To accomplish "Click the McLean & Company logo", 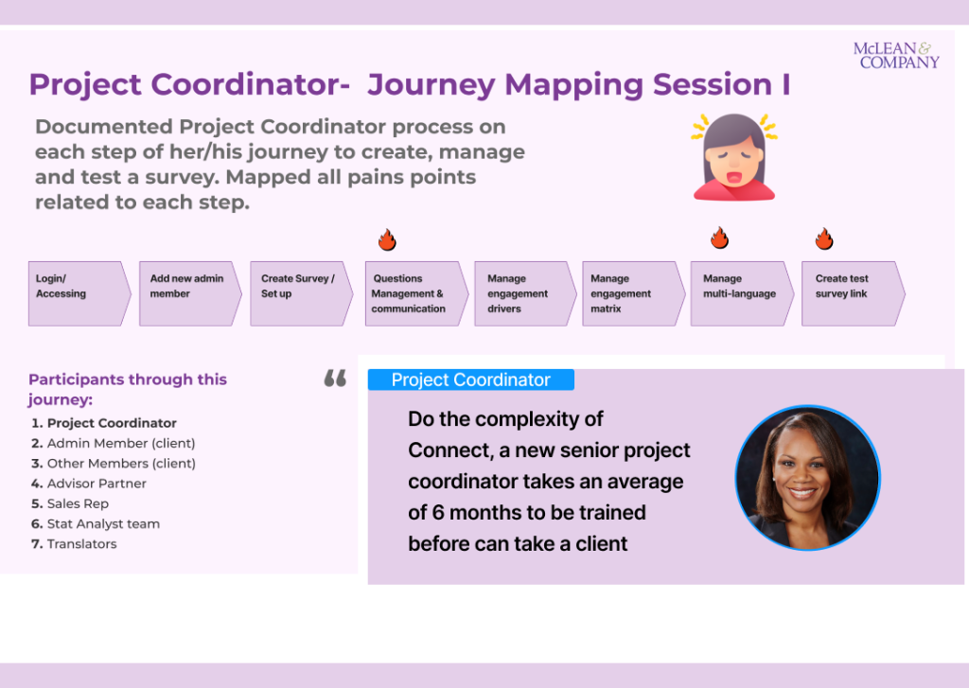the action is point(896,55).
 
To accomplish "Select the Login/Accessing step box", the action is point(79,293).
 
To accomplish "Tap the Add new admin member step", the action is point(190,293).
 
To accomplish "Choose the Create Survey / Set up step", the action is point(302,293).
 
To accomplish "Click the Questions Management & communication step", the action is point(417,293).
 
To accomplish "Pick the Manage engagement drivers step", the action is point(525,293).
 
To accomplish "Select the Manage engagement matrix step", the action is point(633,293).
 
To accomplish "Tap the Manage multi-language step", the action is point(742,293).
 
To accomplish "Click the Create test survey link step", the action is point(854,293).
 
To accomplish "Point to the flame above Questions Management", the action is point(387,239).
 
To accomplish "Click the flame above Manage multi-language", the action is point(719,238).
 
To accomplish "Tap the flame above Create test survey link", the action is point(824,238).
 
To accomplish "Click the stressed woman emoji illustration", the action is point(734,157).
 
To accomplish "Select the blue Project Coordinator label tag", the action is point(471,379).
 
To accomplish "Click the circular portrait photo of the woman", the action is point(808,478).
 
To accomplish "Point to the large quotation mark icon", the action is point(336,379).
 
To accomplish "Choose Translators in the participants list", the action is point(81,544).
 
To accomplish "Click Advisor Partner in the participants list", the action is point(97,484).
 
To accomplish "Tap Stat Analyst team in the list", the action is point(103,524).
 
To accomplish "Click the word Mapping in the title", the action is point(573,85).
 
